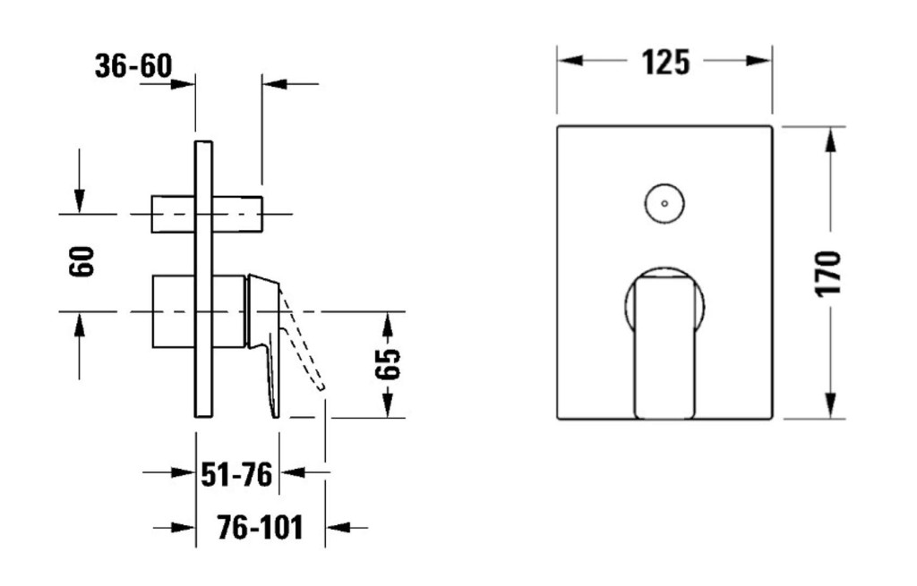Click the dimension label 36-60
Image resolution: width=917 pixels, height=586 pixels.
click(x=133, y=66)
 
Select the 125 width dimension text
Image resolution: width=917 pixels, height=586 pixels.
click(x=665, y=62)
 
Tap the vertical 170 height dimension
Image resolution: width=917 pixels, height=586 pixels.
click(x=828, y=273)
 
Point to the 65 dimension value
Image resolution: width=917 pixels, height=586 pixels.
click(x=388, y=364)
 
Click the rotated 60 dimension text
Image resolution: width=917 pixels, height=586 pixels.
click(x=81, y=262)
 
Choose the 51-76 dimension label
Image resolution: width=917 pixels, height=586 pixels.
click(x=236, y=474)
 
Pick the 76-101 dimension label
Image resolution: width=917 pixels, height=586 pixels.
click(x=261, y=528)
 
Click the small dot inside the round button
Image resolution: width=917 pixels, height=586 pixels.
click(x=664, y=204)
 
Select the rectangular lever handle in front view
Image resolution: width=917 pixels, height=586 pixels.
click(x=664, y=348)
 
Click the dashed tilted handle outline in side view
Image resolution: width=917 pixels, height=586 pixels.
click(x=302, y=338)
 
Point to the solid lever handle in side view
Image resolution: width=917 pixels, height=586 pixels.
click(x=265, y=344)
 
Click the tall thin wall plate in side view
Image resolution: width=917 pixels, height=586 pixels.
click(x=203, y=279)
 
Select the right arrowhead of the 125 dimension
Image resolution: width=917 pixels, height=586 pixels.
click(x=759, y=61)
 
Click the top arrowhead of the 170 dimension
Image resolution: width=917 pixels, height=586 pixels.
click(x=830, y=140)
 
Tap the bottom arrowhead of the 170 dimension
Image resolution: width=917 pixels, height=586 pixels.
click(x=830, y=405)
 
